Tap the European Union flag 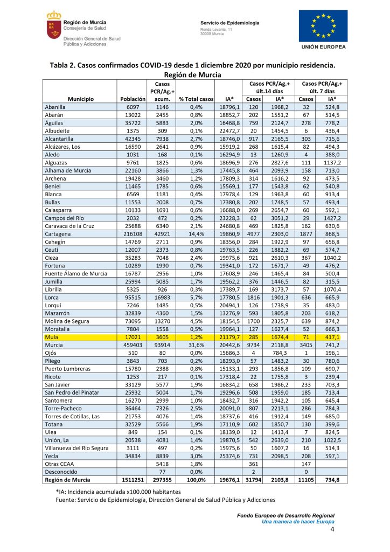click(323, 26)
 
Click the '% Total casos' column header click(196, 99)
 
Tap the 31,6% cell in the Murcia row click(195, 344)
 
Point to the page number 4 click(332, 530)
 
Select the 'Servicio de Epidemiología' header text click(230, 23)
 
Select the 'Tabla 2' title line click(192, 65)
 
